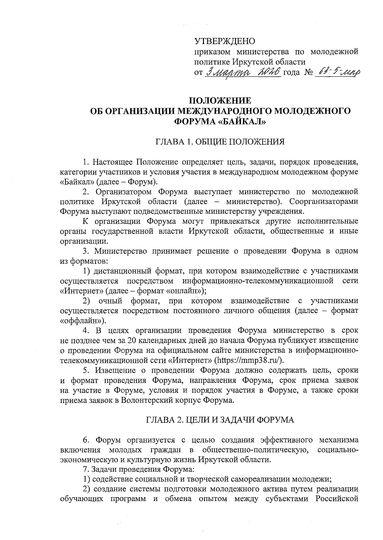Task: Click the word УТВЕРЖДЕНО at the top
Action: tap(225, 41)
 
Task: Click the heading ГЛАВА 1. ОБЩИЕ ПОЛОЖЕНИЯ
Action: tap(220, 142)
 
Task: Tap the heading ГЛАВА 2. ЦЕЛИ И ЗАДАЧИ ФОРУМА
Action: tap(220, 420)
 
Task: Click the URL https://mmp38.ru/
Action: tap(250, 360)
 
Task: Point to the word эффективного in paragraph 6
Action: tap(286, 440)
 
